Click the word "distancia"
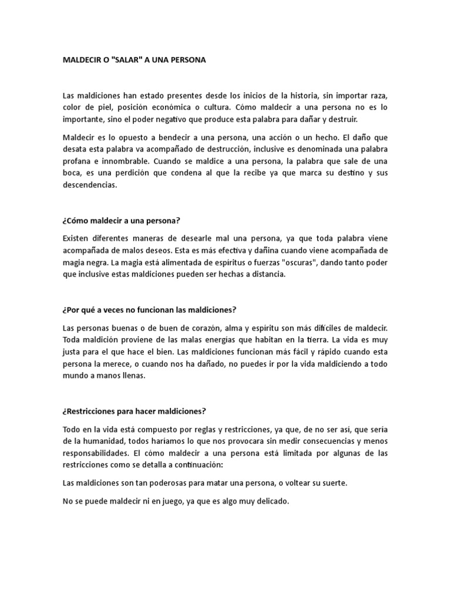[264, 275]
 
